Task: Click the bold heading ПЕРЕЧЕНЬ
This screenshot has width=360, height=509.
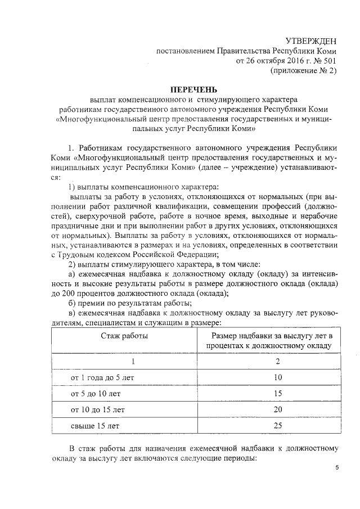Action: click(x=193, y=89)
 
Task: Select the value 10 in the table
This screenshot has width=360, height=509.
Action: click(x=277, y=376)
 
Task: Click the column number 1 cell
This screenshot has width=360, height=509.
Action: click(x=133, y=361)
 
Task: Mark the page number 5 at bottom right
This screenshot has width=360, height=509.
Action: click(x=336, y=468)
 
